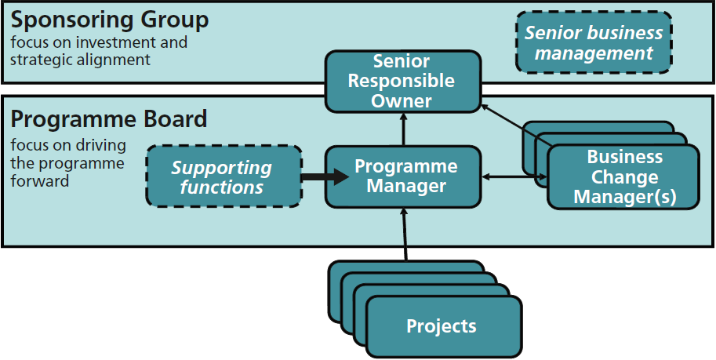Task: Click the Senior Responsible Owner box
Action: tap(402, 81)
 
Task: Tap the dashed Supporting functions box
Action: tap(224, 177)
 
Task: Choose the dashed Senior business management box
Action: tap(594, 43)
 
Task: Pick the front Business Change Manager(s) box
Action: tap(624, 177)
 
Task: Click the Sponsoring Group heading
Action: tap(110, 20)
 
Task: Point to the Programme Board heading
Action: tap(109, 118)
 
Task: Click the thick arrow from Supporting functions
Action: tap(324, 177)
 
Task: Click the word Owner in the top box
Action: tap(402, 100)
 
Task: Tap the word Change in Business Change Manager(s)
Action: tap(625, 177)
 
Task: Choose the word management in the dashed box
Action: tap(594, 53)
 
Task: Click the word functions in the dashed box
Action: tap(222, 188)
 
